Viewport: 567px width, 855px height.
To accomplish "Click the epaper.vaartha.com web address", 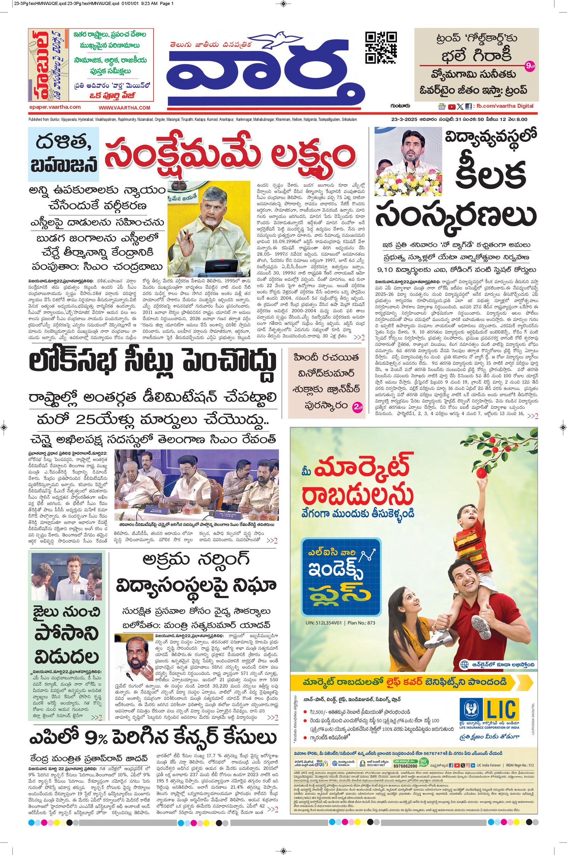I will point(55,107).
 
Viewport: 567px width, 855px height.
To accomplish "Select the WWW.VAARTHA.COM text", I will point(124,107).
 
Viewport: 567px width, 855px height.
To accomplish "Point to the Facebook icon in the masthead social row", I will point(468,107).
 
